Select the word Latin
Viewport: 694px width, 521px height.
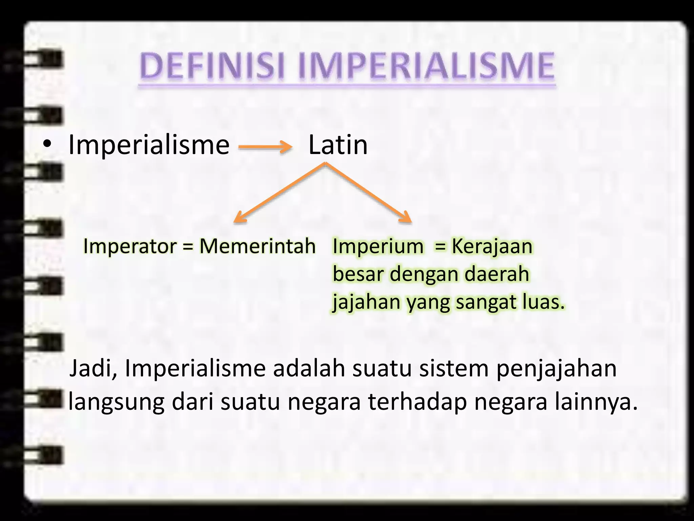(338, 145)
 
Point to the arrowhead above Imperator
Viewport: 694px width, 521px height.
(239, 217)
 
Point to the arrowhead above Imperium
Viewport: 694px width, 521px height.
(406, 217)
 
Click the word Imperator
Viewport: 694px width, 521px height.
(130, 246)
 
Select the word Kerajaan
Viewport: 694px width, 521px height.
(492, 246)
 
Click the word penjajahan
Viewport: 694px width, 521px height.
(556, 369)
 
